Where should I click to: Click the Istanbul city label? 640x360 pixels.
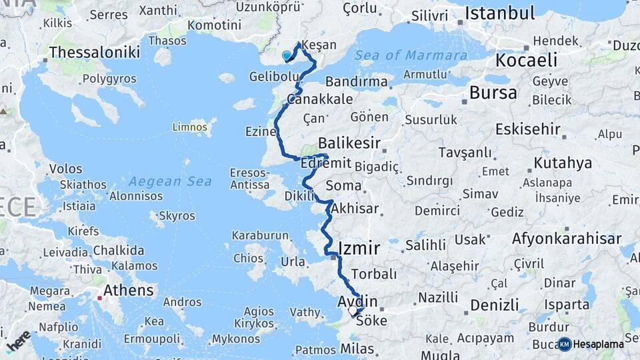coord(499,13)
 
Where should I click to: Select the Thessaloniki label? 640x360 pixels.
coord(95,52)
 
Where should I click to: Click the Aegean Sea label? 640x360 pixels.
coord(170,181)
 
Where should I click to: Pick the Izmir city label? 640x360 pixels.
coord(359,248)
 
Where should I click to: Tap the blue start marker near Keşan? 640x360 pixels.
coord(287,56)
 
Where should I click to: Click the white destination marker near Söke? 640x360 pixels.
coord(353,311)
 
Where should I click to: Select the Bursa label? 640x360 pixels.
coord(493,93)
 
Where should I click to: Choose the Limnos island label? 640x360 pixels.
coord(189,126)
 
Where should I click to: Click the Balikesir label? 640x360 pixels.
coord(349,143)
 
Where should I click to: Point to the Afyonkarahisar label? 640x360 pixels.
coord(575,239)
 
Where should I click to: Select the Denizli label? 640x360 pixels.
coord(494,305)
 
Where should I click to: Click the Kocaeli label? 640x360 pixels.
coord(526,61)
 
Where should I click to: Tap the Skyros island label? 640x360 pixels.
coord(177,216)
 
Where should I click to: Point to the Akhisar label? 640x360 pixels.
coord(354,208)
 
